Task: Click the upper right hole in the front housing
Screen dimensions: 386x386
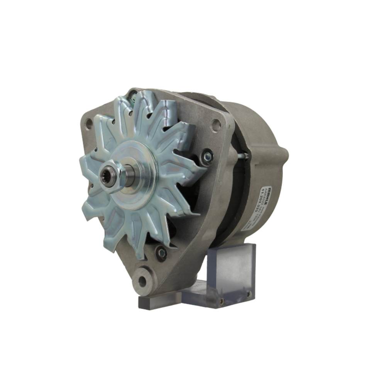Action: [216, 125]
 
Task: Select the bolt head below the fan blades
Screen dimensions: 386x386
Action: [161, 253]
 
